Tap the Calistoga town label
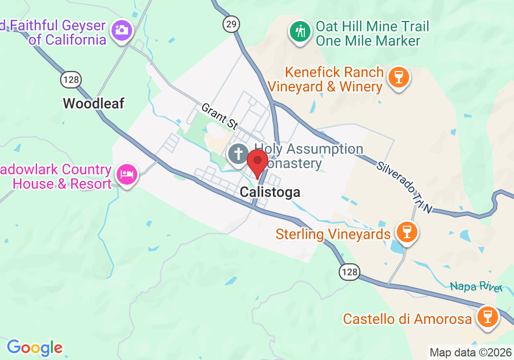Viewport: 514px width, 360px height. coord(270,192)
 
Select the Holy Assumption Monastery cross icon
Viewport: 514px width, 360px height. coord(238,154)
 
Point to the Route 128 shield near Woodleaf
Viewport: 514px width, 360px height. coord(70,79)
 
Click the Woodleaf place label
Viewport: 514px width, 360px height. coord(94,103)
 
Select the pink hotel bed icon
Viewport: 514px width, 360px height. coord(127,174)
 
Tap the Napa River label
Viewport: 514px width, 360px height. coord(476,286)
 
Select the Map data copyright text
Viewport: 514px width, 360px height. coord(470,353)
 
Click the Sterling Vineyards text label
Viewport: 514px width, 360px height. coord(333,235)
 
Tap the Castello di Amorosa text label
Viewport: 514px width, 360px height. coord(408,319)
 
